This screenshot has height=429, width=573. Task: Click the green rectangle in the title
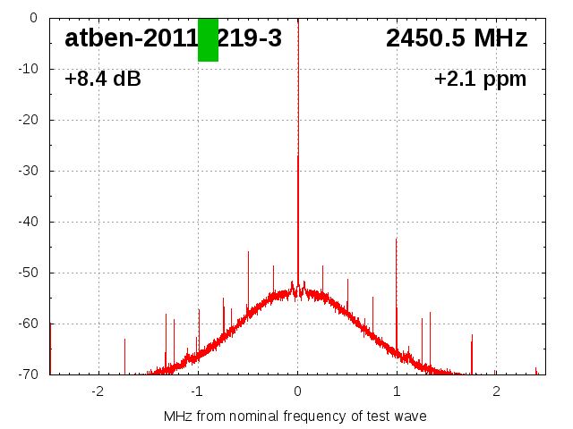pos(208,39)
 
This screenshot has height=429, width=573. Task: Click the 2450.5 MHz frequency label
pos(456,38)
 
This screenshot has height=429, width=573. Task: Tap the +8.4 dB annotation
pos(102,80)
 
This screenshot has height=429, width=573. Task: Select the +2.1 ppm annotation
pos(480,80)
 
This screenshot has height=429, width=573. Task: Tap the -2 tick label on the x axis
pos(98,391)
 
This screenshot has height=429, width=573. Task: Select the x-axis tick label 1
pos(397,391)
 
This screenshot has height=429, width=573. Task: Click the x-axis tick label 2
pos(496,391)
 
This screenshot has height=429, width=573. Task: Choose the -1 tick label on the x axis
pos(196,391)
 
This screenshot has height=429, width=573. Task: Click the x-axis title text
pos(295,416)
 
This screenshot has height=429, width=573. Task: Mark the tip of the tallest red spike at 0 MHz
pos(298,156)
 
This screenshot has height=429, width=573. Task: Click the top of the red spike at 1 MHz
pos(396,240)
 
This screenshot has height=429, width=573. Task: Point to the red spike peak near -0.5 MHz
pos(248,253)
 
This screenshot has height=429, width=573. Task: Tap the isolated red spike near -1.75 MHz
pos(124,340)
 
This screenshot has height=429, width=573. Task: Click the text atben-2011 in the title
pos(130,38)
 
